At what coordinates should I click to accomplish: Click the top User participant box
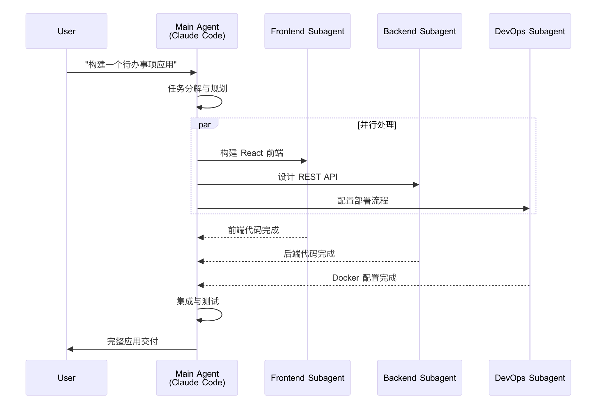click(66, 31)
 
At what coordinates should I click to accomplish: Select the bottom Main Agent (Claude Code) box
click(197, 378)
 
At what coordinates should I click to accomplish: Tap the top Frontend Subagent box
click(307, 31)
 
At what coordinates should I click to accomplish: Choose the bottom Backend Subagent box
click(419, 378)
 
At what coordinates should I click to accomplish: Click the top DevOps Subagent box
click(530, 31)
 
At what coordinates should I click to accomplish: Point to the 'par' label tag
click(205, 124)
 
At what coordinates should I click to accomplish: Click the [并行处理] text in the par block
click(377, 124)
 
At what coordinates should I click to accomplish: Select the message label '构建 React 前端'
click(252, 153)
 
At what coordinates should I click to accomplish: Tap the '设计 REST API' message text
click(307, 177)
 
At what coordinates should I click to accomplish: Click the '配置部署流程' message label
click(363, 201)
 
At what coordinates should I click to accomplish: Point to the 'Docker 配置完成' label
click(364, 278)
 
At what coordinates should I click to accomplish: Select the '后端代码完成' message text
click(309, 254)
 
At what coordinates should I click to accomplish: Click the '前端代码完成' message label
click(253, 230)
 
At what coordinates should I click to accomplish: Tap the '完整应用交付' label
click(132, 341)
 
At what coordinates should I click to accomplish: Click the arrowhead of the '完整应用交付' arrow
click(70, 349)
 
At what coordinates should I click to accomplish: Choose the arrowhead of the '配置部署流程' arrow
click(526, 209)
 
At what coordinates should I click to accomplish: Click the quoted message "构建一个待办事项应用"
click(131, 65)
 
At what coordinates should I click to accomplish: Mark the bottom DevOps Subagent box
click(530, 378)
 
